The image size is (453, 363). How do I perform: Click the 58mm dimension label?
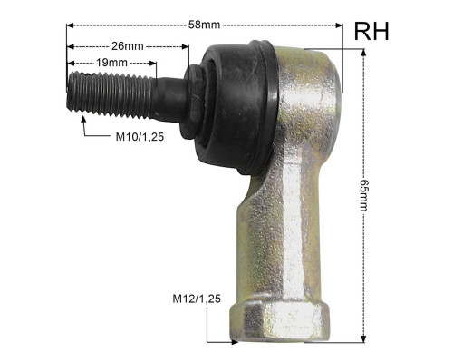point(205,25)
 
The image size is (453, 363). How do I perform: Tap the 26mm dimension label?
point(128,46)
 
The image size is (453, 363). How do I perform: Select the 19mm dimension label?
point(111,63)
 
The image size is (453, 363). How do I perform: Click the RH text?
point(371,32)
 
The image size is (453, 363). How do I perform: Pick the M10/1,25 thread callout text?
point(140,137)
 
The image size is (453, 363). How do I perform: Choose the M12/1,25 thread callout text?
point(197,299)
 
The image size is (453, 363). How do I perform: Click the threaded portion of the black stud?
point(110,94)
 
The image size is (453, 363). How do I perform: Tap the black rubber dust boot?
point(237,107)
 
